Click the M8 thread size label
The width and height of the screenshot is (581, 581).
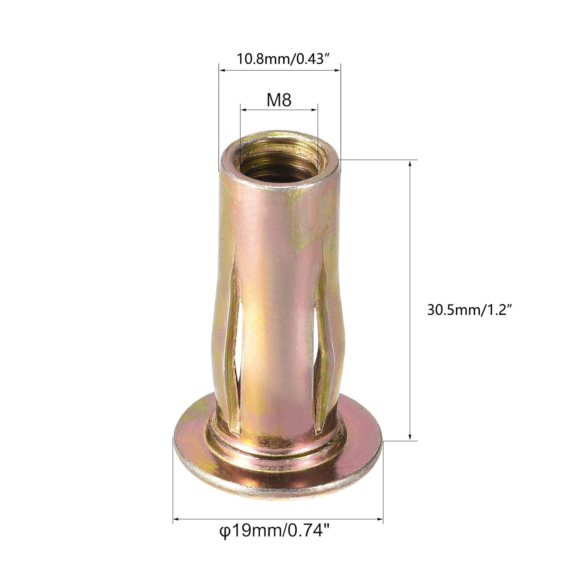(x=278, y=101)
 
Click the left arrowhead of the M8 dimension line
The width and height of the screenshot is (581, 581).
(x=243, y=110)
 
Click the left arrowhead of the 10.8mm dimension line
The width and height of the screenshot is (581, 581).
(x=222, y=70)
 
